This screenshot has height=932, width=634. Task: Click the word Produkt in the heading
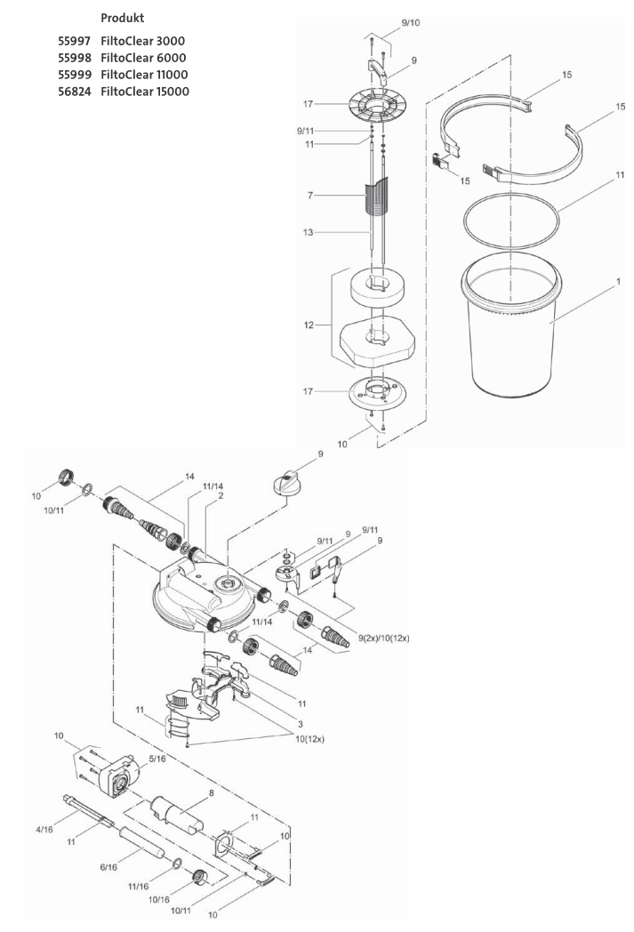123,19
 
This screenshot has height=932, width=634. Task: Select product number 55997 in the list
75,43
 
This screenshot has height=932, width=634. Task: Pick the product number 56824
75,92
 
